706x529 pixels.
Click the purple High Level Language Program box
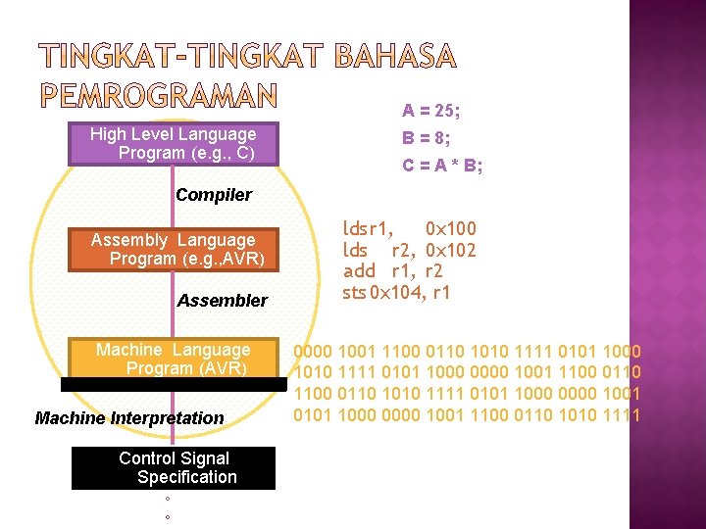173,144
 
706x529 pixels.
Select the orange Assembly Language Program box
173,249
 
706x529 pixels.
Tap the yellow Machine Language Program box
173,359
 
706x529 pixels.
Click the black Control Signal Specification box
174,467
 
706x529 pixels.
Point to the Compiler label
213,195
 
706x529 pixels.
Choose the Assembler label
222,301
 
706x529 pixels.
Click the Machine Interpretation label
129,418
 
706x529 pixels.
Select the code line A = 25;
431,112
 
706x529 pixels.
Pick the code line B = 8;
427,139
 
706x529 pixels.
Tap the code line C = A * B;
442,166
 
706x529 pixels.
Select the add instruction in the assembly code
358,271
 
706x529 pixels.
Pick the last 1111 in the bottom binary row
621,414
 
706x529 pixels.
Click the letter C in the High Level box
247,154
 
